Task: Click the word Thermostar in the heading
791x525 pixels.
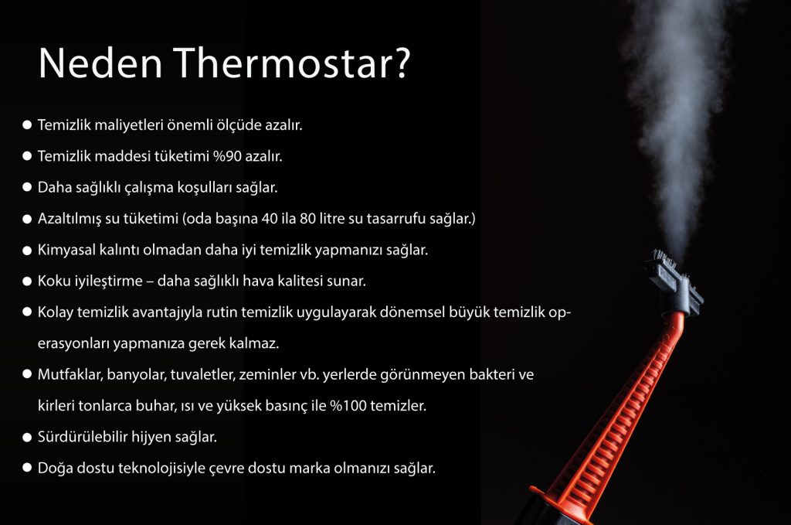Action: (x=285, y=63)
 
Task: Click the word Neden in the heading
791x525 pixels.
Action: (x=100, y=63)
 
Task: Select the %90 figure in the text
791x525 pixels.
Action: (x=227, y=156)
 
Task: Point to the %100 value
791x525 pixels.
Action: (x=348, y=405)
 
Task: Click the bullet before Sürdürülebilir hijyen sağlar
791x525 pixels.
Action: (x=27, y=437)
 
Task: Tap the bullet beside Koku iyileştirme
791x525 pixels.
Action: (x=27, y=281)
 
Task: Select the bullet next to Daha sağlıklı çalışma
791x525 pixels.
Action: (x=27, y=187)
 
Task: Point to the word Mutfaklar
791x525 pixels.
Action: (x=70, y=375)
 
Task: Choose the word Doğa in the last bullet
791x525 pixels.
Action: (x=52, y=469)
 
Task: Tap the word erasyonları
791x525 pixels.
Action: (x=73, y=344)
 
